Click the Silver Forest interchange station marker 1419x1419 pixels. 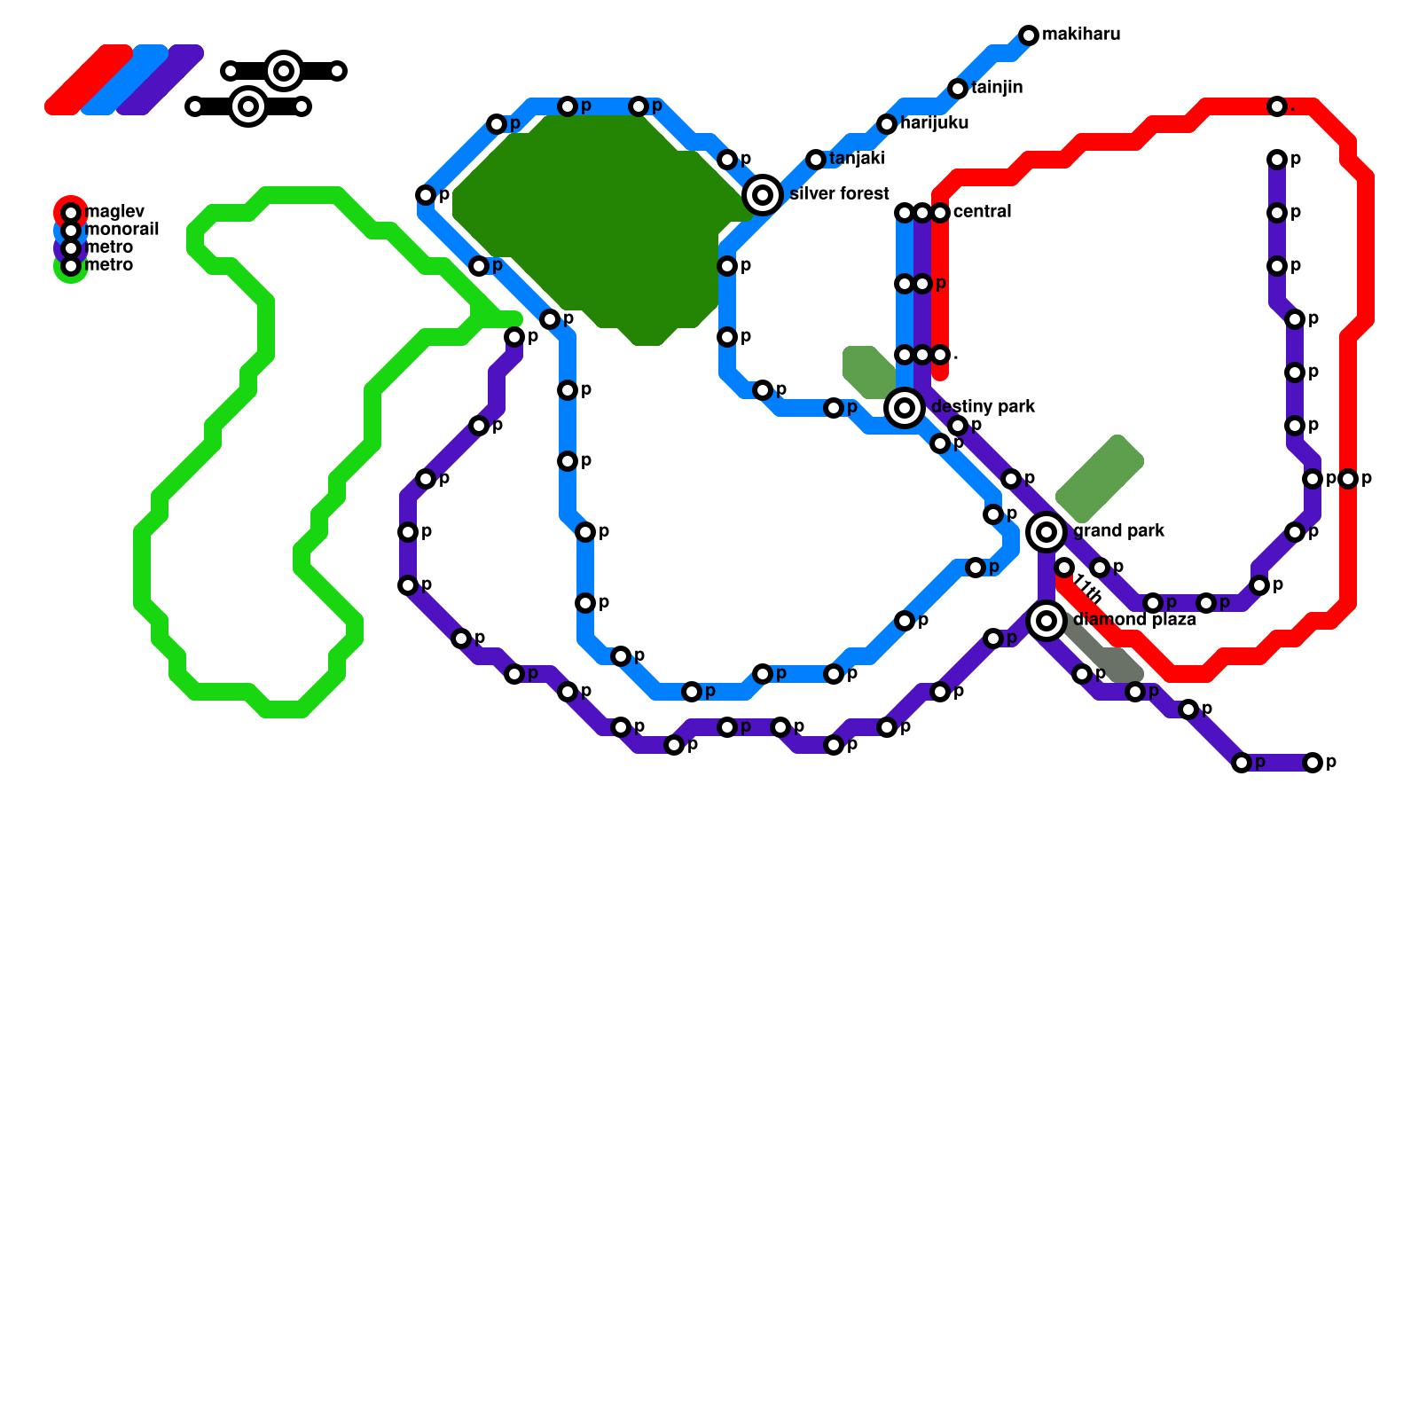[x=763, y=194]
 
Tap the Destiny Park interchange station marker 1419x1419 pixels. [x=905, y=408]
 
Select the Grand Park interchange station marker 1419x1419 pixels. [x=1047, y=532]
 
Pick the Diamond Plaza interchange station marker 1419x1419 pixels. [x=1047, y=621]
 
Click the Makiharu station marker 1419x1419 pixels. [x=1029, y=35]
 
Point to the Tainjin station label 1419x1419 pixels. [x=997, y=88]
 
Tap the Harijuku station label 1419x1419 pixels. [x=934, y=123]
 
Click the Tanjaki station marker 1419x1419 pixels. [x=816, y=160]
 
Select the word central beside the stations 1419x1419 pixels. [x=982, y=212]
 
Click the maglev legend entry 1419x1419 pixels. [x=114, y=212]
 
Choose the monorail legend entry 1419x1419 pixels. [x=122, y=230]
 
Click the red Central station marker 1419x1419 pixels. [x=940, y=213]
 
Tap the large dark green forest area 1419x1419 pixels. [x=603, y=222]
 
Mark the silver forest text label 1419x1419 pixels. [x=839, y=194]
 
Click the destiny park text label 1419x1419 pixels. [x=983, y=407]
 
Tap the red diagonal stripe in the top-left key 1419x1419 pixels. [x=89, y=80]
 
